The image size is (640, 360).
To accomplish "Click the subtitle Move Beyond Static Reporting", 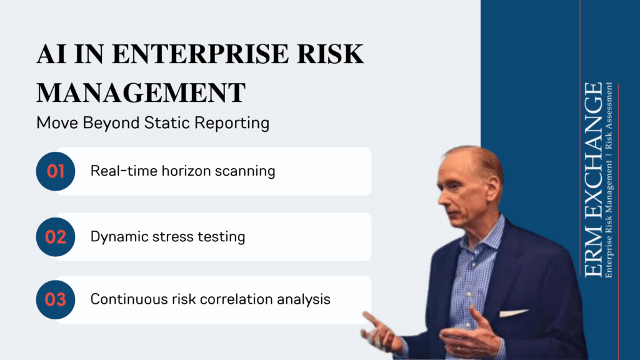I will pos(152,122).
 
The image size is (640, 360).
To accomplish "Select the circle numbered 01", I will pos(56,171).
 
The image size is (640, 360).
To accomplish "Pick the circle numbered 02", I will pos(56,237).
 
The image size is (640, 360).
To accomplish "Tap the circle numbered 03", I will pos(56,299).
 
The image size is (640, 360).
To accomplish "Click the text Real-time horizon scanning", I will pos(182,171).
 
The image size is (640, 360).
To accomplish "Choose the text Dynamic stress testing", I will pos(167,237).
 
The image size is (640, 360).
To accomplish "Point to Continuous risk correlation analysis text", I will pos(210,299).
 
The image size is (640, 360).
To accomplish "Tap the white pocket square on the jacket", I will pos(514,312).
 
